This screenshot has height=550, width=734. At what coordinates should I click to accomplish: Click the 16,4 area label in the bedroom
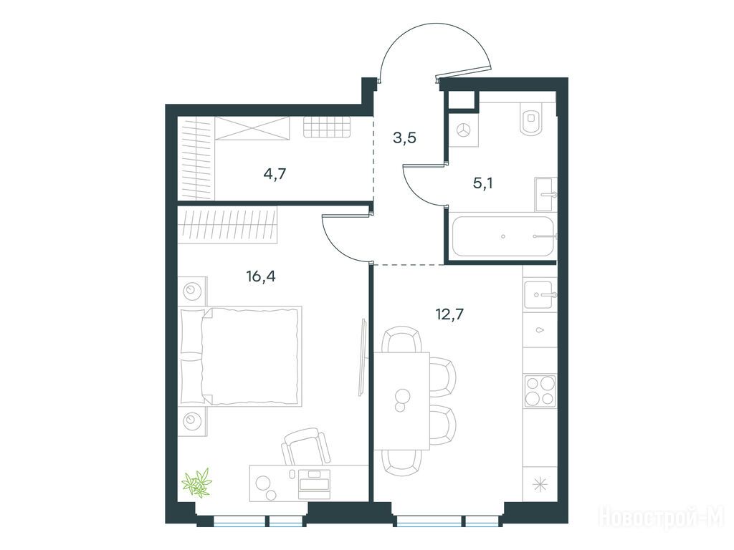(261, 277)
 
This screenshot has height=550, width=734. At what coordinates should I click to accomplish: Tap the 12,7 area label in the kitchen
(449, 314)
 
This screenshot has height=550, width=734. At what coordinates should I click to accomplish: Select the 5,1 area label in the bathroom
(482, 183)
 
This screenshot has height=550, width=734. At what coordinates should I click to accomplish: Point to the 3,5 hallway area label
(404, 138)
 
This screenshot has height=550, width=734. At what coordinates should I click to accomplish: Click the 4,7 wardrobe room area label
(275, 174)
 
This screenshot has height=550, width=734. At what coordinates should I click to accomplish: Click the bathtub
(502, 236)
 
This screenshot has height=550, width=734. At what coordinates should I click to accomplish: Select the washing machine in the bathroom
(464, 130)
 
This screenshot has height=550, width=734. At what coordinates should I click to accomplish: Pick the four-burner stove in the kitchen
(540, 391)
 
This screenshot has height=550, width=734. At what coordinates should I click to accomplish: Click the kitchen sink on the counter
(540, 294)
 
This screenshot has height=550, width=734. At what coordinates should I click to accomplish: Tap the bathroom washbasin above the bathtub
(545, 193)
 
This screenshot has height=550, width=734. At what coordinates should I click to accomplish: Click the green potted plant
(197, 483)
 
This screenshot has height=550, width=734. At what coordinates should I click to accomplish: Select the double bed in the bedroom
(241, 356)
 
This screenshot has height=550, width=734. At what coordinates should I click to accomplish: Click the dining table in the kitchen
(401, 401)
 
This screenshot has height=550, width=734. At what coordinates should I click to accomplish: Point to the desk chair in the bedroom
(305, 447)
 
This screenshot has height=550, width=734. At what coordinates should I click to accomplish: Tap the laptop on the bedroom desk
(315, 485)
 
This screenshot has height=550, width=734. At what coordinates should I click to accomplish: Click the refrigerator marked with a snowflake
(540, 485)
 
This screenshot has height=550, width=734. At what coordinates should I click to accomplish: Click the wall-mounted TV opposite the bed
(362, 357)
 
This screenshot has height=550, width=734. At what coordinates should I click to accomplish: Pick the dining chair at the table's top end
(401, 339)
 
